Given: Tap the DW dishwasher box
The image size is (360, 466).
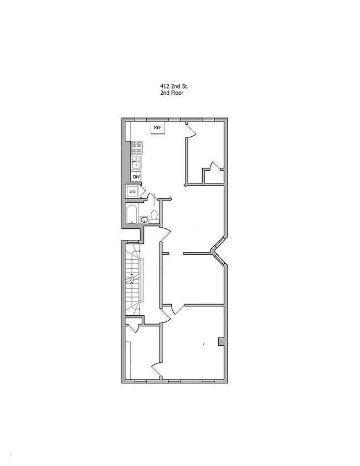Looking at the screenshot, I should [136, 177].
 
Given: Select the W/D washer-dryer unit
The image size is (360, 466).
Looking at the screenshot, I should [133, 192].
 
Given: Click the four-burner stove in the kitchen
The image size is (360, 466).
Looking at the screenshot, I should [137, 148].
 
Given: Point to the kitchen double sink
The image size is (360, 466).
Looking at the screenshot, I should [136, 162].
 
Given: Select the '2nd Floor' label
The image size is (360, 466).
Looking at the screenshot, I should [171, 94].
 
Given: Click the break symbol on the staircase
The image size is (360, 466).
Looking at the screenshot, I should [131, 276].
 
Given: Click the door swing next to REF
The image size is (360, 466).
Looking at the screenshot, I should [191, 128].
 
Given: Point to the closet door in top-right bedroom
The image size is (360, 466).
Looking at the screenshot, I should [213, 166].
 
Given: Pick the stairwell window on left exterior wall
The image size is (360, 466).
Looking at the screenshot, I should [122, 277].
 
